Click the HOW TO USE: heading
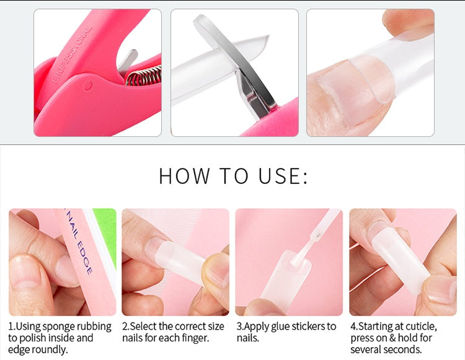pyautogui.click(x=232, y=176)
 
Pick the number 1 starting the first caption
pyautogui.click(x=11, y=327)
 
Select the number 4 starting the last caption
pyautogui.click(x=353, y=327)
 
